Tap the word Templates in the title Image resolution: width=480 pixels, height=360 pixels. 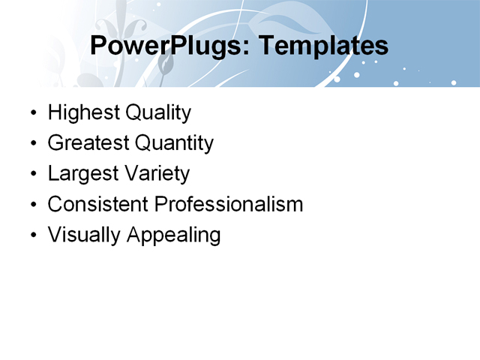pos(322,46)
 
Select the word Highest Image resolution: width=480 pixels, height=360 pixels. pos(83,113)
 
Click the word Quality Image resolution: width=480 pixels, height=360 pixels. pos(157,113)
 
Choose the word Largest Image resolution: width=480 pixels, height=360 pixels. pos(81,174)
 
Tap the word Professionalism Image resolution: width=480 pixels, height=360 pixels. pos(228,204)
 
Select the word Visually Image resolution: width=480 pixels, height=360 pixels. pos(84,235)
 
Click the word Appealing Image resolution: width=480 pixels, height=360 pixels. pos(174,235)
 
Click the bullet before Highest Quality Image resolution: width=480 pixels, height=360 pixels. pos(32,114)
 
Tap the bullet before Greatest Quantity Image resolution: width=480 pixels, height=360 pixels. pos(32,144)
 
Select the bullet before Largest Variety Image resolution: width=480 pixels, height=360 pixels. pos(32,175)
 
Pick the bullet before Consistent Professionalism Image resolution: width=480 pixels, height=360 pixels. pos(32,205)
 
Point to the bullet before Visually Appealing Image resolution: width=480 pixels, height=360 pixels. pos(32,235)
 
